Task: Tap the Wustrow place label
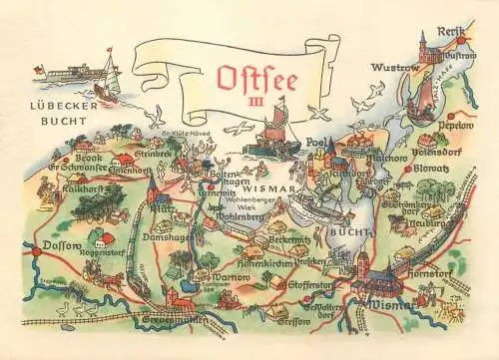tap(391, 68)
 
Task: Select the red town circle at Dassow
tap(36, 251)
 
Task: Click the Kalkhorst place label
tap(80, 187)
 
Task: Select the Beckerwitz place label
tap(289, 240)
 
